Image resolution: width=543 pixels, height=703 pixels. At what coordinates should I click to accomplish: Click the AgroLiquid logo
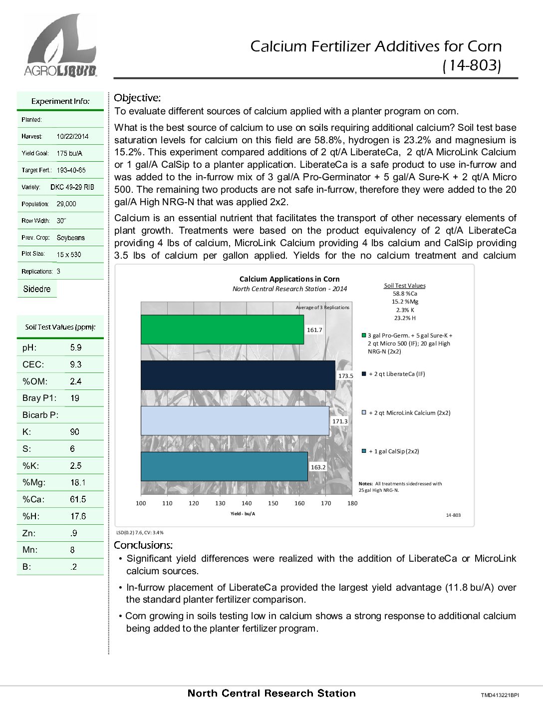(60, 45)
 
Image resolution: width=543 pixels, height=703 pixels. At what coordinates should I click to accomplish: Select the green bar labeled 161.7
(222, 330)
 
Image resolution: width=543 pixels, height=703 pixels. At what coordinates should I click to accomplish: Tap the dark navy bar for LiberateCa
(238, 375)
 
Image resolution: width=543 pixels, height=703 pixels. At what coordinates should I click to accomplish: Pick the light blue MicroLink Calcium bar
(235, 420)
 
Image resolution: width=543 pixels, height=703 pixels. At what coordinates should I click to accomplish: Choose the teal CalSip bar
(224, 466)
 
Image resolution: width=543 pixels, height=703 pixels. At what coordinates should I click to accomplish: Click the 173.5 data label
(345, 375)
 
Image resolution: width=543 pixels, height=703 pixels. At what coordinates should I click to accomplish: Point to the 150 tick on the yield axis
(273, 503)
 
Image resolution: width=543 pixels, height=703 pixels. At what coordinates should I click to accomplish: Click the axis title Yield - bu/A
(243, 513)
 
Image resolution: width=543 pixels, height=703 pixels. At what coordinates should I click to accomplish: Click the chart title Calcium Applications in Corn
(289, 279)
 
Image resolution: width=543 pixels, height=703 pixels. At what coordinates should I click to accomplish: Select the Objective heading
(137, 98)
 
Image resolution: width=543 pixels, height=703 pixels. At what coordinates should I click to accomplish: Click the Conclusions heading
(143, 545)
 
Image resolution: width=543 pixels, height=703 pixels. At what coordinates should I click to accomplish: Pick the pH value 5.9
(76, 348)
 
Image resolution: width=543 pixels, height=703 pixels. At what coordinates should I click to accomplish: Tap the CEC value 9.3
(76, 364)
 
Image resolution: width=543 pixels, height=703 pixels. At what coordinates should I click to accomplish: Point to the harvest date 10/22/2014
(72, 136)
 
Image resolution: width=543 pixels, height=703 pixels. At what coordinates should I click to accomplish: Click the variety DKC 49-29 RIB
(72, 187)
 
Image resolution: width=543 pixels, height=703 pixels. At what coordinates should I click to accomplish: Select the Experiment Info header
(60, 101)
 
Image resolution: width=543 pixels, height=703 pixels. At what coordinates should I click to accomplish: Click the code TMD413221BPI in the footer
(500, 695)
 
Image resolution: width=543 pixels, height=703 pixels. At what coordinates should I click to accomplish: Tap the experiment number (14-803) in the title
(472, 65)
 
